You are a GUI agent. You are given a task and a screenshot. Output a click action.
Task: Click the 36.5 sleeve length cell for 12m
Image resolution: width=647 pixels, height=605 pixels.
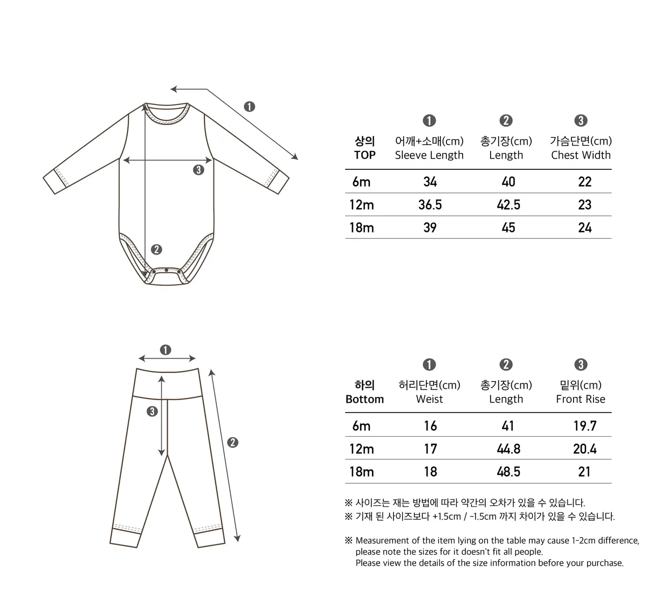tap(430, 205)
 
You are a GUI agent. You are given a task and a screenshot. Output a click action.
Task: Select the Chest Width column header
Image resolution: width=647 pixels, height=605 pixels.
tap(581, 155)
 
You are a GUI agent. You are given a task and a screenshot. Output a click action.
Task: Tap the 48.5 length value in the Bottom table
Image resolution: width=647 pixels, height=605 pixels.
tap(508, 472)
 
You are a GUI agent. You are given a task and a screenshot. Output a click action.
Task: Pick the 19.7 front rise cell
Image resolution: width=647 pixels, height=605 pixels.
tap(584, 426)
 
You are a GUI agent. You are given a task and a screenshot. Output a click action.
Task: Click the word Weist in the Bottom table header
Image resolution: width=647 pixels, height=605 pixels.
tap(429, 400)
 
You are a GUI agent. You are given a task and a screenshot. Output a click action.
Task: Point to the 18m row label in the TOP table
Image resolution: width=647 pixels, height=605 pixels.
tap(361, 228)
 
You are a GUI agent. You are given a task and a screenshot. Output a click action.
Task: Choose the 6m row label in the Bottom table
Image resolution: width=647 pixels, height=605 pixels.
tap(361, 426)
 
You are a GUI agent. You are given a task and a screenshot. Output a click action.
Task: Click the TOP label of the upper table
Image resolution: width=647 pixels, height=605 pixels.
tap(364, 155)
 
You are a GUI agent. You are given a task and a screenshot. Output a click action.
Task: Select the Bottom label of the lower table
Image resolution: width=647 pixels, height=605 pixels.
tap(364, 400)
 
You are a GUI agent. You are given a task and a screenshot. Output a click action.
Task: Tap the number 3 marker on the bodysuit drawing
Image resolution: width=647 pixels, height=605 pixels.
tap(199, 170)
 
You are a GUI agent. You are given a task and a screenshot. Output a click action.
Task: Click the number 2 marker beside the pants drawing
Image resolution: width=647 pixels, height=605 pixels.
tap(233, 443)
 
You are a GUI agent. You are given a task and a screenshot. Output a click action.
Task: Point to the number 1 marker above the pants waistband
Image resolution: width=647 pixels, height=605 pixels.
tap(166, 350)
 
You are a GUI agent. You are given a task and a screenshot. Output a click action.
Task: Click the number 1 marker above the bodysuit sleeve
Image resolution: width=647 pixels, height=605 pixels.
tap(249, 106)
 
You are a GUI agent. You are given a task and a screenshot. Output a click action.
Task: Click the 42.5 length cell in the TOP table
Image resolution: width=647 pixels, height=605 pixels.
tap(508, 205)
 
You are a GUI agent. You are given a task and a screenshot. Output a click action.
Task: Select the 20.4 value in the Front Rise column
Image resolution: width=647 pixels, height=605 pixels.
tap(584, 449)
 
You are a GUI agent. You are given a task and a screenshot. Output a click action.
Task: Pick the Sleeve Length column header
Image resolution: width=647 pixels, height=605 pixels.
tap(429, 155)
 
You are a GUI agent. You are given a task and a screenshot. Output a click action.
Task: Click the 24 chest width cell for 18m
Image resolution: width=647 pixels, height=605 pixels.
tap(584, 228)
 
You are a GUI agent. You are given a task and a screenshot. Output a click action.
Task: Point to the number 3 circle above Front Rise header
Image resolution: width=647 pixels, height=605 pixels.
tap(581, 365)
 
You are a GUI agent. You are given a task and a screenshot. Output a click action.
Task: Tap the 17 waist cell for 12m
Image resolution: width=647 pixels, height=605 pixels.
tap(430, 449)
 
